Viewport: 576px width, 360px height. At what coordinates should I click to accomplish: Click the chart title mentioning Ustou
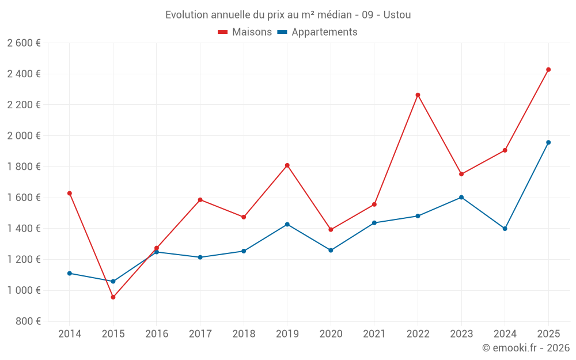[288, 15]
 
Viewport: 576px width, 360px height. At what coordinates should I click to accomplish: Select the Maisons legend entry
[245, 32]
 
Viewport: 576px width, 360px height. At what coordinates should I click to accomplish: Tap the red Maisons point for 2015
[113, 297]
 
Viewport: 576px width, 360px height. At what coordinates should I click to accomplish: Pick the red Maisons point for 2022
[418, 95]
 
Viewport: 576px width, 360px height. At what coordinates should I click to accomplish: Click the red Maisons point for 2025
[548, 70]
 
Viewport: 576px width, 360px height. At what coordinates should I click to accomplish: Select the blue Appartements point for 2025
[548, 142]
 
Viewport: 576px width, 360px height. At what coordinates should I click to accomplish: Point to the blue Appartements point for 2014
[70, 273]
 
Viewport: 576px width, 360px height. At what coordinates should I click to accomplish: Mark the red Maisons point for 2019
[287, 165]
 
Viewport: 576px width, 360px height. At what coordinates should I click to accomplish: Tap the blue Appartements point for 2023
[461, 197]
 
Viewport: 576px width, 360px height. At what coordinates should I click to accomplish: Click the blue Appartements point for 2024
[505, 229]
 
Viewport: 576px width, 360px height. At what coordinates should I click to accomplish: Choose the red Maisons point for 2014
[70, 193]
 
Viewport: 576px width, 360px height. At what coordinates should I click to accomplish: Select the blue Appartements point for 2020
[331, 250]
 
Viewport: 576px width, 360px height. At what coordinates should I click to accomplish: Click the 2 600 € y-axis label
[24, 43]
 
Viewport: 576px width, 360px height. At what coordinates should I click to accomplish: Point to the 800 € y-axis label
[28, 321]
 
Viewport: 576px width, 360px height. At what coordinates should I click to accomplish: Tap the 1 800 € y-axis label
[24, 166]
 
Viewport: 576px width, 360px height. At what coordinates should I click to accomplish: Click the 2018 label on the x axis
[244, 334]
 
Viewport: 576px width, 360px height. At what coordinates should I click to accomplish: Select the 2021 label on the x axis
[374, 334]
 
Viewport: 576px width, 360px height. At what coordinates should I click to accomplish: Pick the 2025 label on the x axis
[548, 334]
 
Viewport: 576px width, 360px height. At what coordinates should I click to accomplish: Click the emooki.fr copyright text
[525, 348]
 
